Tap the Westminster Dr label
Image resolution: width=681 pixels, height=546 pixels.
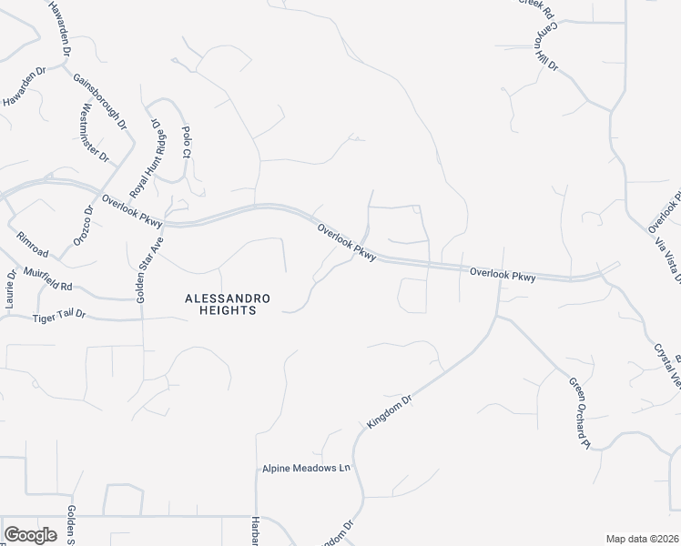click(x=95, y=133)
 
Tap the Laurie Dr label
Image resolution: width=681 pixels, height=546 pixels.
click(x=12, y=291)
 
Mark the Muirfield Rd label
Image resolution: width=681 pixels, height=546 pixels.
click(x=48, y=279)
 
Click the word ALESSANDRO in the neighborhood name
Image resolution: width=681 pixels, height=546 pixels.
click(x=219, y=298)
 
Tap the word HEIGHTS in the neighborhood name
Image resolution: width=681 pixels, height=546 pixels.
click(x=219, y=310)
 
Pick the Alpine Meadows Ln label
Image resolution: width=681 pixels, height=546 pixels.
click(x=307, y=469)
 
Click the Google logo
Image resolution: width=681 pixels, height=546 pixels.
click(x=30, y=535)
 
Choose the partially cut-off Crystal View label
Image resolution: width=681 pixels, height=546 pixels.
click(x=666, y=364)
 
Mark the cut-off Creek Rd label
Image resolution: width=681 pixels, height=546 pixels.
click(x=537, y=6)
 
